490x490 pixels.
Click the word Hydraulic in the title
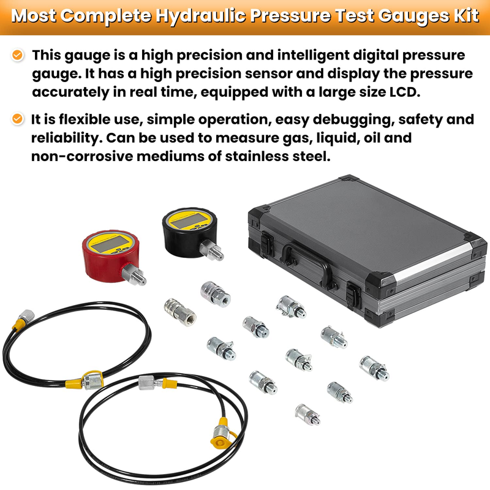click(200, 17)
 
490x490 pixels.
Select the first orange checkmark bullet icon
click(18, 55)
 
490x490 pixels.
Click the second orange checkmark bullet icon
click(18, 119)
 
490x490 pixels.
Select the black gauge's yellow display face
click(189, 221)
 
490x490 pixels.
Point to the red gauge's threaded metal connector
click(134, 274)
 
